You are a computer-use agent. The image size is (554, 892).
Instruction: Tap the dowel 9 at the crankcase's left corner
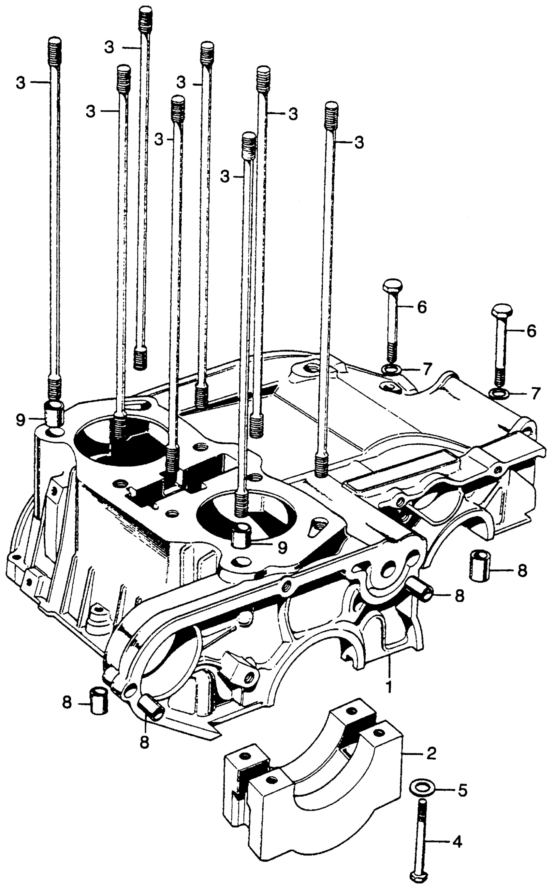[x=53, y=413]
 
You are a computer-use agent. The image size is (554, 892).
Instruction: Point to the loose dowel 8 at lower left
[x=97, y=731]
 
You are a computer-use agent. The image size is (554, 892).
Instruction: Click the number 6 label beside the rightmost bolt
[x=531, y=331]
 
